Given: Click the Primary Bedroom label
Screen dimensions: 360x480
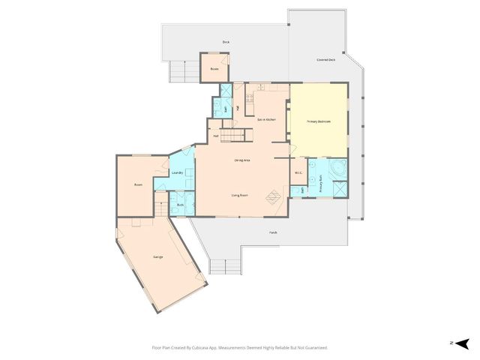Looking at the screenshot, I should pos(318,121).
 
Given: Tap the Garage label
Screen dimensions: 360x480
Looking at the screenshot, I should pos(158,257).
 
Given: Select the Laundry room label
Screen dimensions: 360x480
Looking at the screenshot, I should pos(178,173).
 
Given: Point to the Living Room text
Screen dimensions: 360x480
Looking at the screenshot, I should pos(240,195).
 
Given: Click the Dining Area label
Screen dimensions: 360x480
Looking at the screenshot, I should pos(241,160).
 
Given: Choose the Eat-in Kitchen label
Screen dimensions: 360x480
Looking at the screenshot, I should pos(267,119).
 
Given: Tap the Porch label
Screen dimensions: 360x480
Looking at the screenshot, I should pos(273,232).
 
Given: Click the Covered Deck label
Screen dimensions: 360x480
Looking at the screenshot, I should pos(326,60).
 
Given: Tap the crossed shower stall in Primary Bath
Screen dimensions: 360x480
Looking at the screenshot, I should pos(339,188).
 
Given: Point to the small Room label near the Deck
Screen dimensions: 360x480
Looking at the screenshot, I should pos(214,68).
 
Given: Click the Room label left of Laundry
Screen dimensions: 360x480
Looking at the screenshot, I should pos(138,184).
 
